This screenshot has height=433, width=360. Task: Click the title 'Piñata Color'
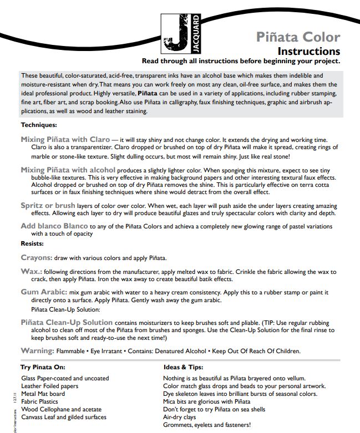298,37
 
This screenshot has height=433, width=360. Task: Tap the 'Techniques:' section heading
39,125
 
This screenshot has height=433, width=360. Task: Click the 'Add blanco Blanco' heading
54,226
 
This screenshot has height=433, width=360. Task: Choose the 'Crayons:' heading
37,258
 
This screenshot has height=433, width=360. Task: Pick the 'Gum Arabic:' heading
44,292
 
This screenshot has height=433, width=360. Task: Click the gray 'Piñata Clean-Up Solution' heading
67,322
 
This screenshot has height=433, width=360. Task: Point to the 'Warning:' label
37,351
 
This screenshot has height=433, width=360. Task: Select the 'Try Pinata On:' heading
43,367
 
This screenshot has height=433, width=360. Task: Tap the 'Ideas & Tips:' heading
183,367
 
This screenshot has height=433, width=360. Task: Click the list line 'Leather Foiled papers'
49,386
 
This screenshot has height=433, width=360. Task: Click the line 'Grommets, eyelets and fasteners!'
206,425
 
